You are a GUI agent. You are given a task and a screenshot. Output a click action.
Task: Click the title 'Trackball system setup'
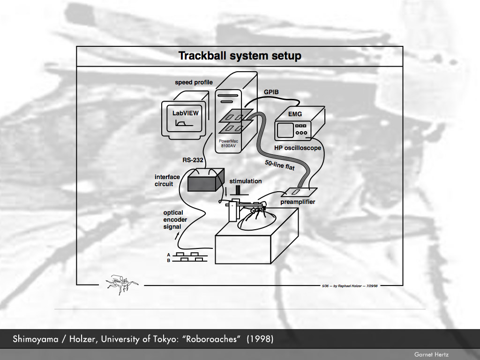tap(240, 56)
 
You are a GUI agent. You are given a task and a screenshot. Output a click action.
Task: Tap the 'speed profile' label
tap(194, 82)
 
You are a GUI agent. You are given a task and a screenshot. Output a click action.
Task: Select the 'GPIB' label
tap(271, 92)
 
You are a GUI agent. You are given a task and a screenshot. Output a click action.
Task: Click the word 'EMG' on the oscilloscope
tap(295, 114)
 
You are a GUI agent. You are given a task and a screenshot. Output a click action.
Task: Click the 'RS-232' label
tap(192, 160)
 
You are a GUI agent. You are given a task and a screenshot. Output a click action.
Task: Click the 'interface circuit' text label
tap(167, 180)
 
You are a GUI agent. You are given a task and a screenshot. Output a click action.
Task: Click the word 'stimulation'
tap(246, 181)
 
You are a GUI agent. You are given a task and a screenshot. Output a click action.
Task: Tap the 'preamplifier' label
tap(298, 202)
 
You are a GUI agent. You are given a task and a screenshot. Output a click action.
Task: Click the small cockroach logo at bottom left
tap(120, 283)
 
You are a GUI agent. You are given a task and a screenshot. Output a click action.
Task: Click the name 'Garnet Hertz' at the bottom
tap(431, 354)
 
